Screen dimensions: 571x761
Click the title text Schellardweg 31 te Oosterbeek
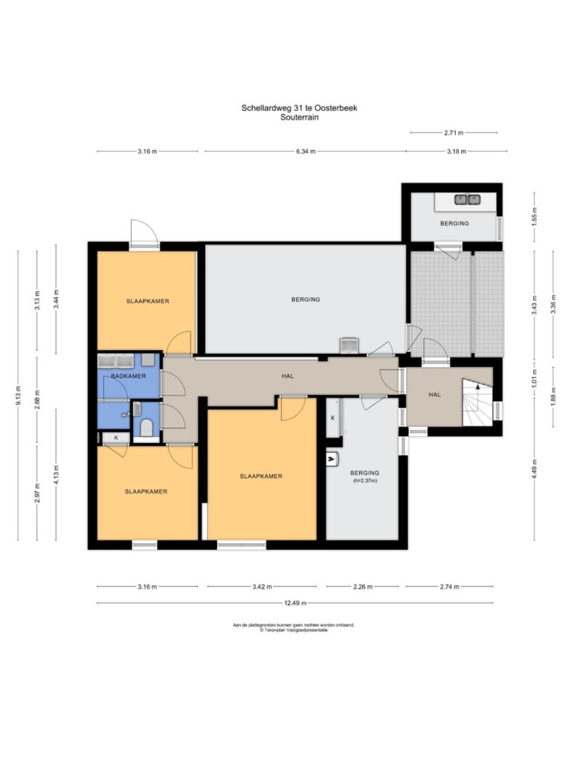point(299,108)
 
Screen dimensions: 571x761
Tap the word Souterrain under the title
point(299,117)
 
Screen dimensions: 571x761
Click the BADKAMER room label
point(128,376)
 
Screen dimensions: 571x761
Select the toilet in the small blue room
point(146,428)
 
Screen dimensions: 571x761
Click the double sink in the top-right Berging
point(467,199)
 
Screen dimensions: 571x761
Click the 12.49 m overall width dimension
point(295,603)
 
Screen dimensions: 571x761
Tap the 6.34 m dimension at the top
point(306,152)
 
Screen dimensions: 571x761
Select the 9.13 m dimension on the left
point(18,395)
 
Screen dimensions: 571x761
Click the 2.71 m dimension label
point(454,132)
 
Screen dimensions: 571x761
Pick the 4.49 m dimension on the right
point(534,469)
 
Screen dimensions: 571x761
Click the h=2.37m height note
point(364,481)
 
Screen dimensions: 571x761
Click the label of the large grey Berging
point(306,299)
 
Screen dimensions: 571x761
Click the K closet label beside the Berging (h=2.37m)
point(333,418)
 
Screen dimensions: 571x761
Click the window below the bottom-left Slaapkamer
point(145,545)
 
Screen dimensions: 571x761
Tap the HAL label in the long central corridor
point(288,376)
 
